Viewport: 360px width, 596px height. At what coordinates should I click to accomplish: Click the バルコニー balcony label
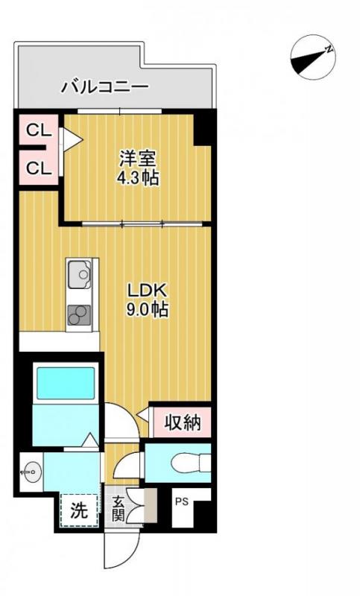pos(104,87)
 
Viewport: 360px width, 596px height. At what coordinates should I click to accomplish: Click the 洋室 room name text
pos(137,159)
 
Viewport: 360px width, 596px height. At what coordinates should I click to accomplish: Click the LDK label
pos(146,290)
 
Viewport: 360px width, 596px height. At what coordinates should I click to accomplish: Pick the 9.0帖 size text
pos(146,309)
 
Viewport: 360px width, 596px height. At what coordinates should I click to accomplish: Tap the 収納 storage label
pos(182,423)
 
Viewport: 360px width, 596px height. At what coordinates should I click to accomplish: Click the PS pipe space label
pos(181,502)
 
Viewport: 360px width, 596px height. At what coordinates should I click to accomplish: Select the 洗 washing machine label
pos(79,511)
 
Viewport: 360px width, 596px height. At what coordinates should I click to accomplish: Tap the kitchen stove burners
pos(78,317)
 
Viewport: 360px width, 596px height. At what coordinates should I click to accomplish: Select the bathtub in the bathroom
pos(66,382)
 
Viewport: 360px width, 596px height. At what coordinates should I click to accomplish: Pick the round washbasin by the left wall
pos(29,471)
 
